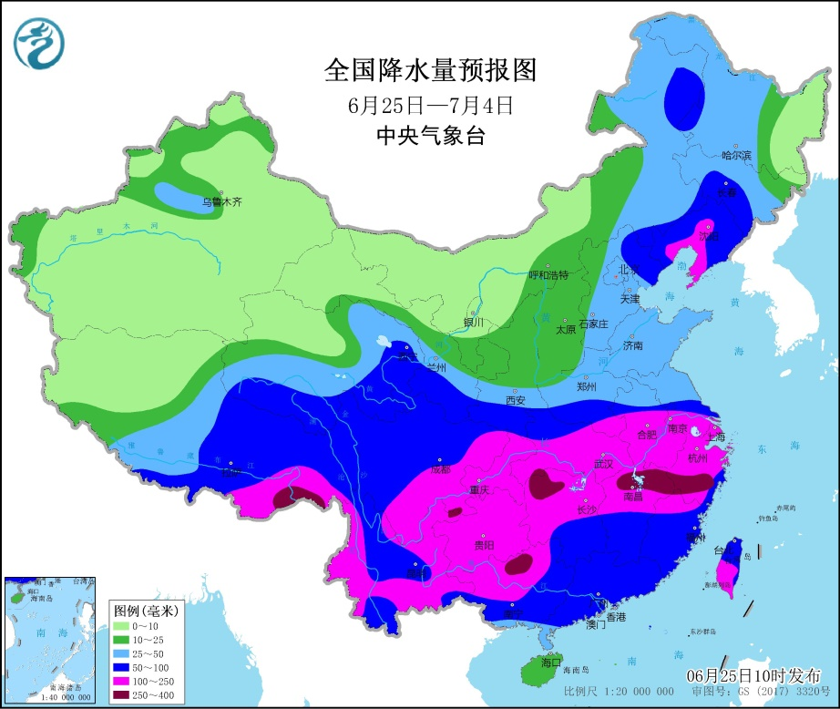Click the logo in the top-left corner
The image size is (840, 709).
coord(39,43)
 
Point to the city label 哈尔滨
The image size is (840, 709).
coord(735,156)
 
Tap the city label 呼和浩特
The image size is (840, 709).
coord(548,274)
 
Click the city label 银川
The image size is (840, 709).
coord(474,322)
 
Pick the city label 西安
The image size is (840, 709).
coord(516,400)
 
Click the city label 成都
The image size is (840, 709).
coord(440,470)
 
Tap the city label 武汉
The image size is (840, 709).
coord(603,464)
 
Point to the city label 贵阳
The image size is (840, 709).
coord(485,545)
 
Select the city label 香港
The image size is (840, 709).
coord(617,617)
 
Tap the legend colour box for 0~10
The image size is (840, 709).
coord(120,627)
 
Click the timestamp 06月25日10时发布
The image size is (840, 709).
coord(753,675)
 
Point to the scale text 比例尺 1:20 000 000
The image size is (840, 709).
coord(607,693)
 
